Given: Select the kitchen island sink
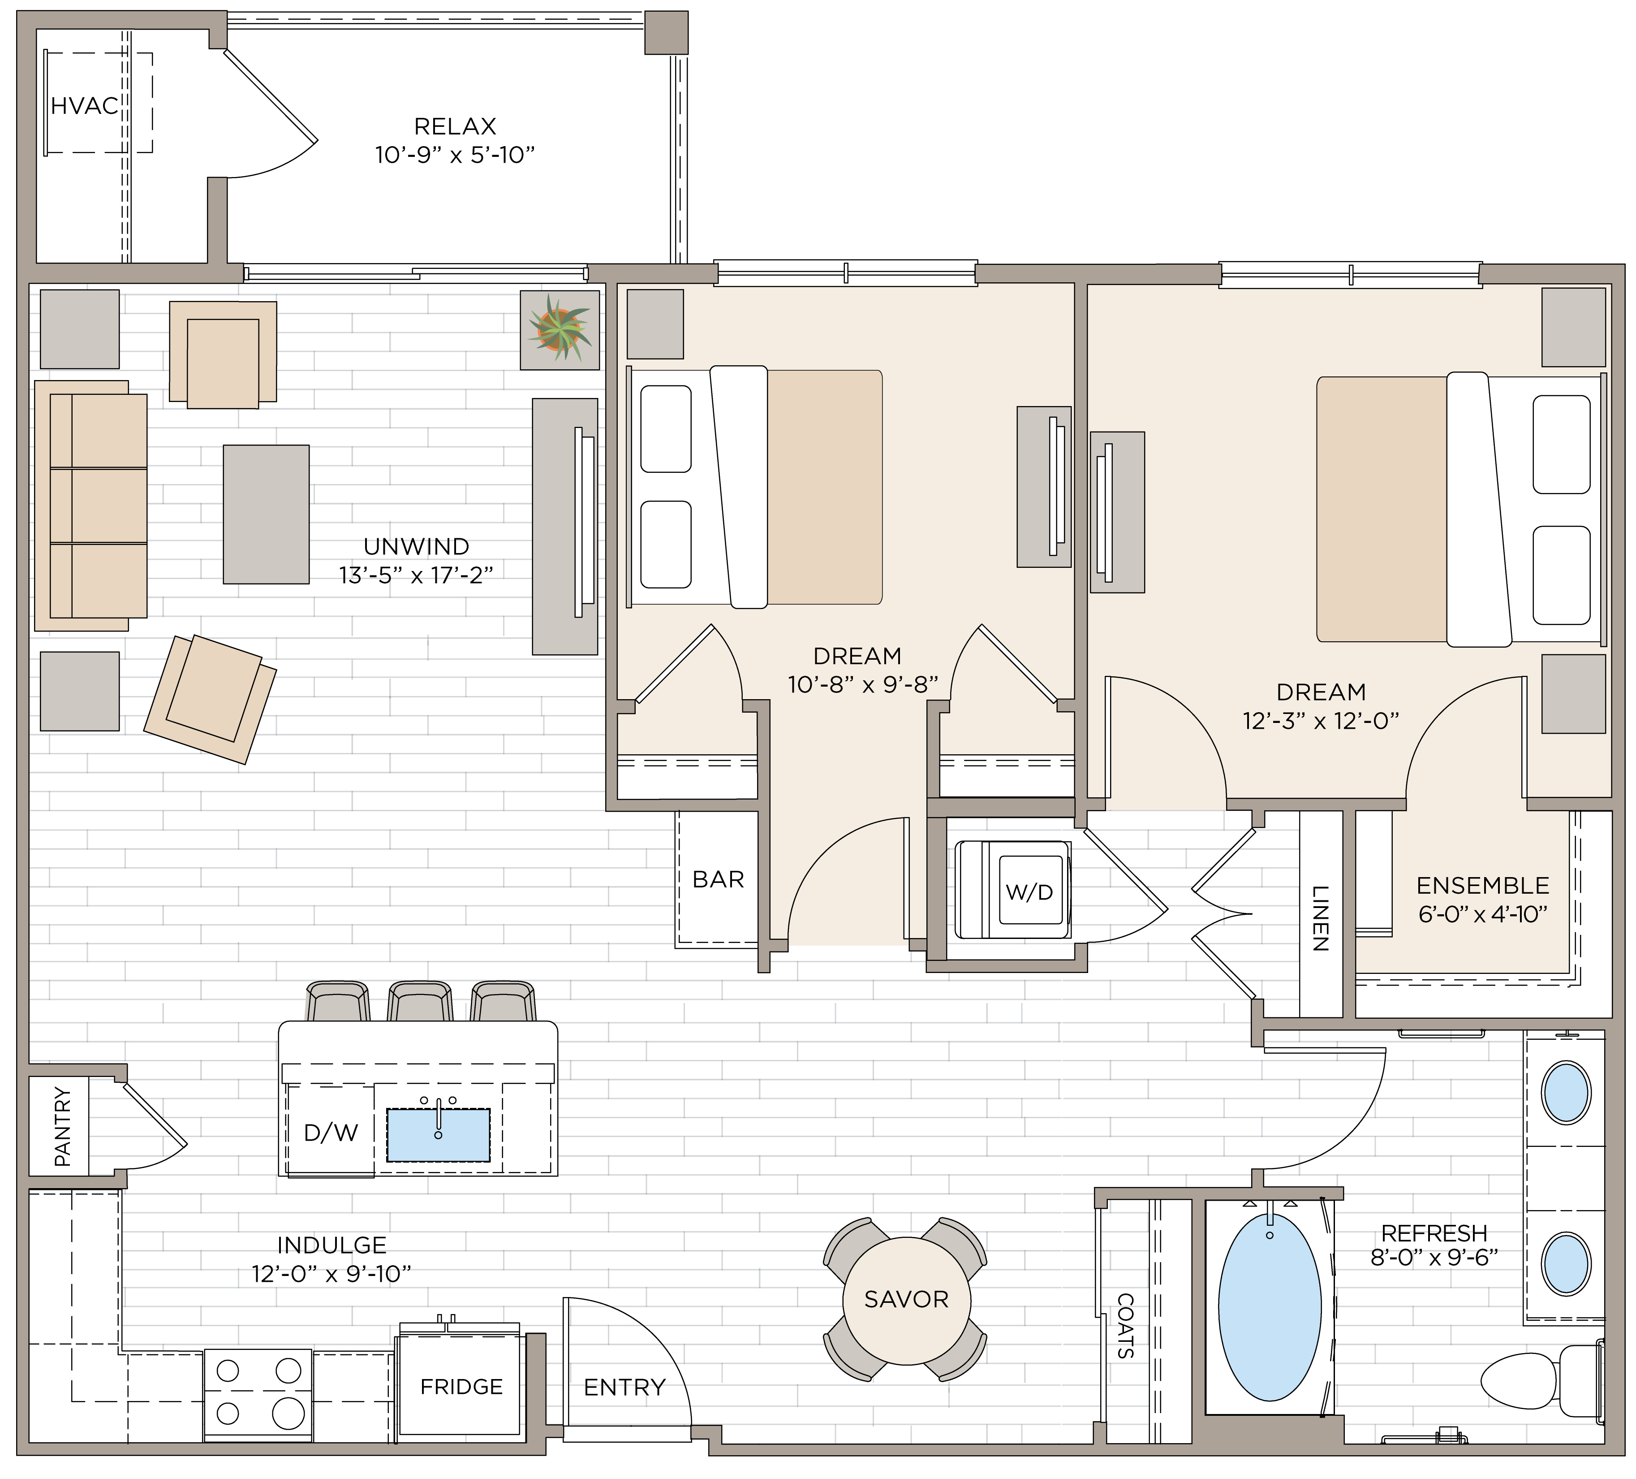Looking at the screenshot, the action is pos(438,1134).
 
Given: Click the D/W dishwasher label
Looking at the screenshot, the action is pos(331,1133).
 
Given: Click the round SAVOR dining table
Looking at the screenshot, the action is pos(906,1300).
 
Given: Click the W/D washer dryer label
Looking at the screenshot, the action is pos(1029,893).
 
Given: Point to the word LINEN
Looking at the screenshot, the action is pos(1320,918).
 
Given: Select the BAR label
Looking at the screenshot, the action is pos(718,879).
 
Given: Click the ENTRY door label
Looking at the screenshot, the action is pos(625,1387).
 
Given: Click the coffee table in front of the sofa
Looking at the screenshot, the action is pos(266,514).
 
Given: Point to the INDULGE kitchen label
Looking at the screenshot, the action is pos(332,1245).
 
